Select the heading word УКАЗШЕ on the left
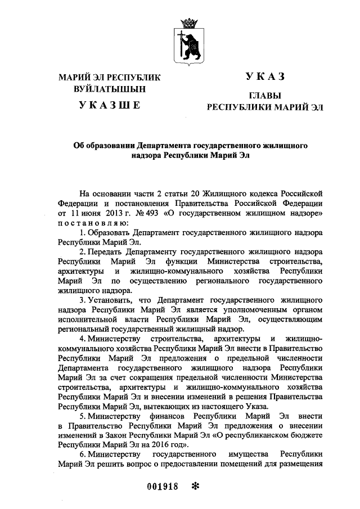coord(109,104)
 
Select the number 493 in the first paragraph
coord(151,214)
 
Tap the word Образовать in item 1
coord(110,232)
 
